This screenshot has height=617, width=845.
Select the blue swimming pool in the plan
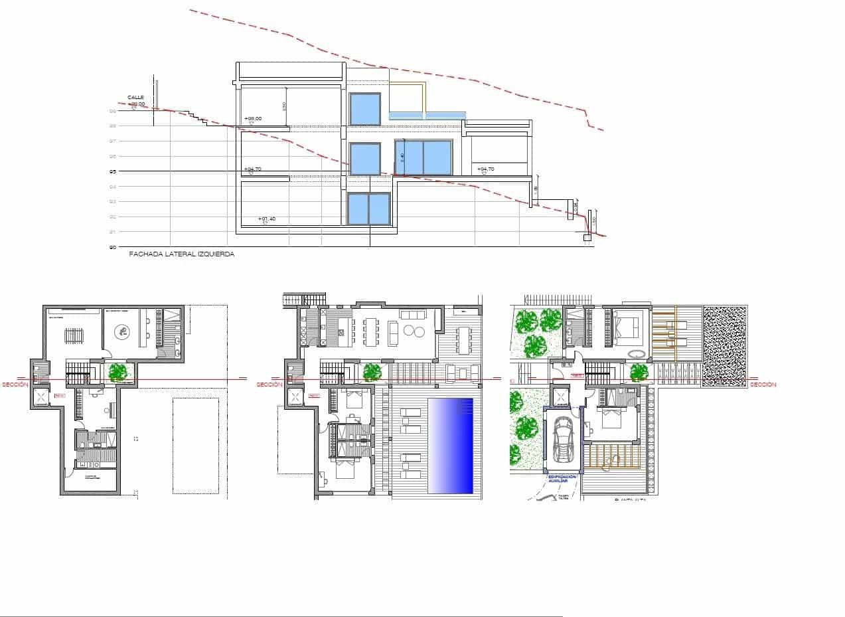coord(451,446)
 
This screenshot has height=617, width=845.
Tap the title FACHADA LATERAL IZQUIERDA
coord(181,254)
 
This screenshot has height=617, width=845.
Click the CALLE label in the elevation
coord(135,98)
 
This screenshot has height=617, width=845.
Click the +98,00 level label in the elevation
coord(253,118)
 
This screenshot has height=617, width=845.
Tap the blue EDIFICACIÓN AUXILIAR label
coord(562,479)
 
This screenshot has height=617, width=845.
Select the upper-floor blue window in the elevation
coord(364,109)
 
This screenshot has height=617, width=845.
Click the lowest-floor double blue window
coord(368,209)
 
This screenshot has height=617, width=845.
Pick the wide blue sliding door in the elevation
coord(423,157)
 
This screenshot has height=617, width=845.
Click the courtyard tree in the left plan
coord(119,372)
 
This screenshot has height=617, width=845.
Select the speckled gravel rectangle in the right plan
coord(725,346)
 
